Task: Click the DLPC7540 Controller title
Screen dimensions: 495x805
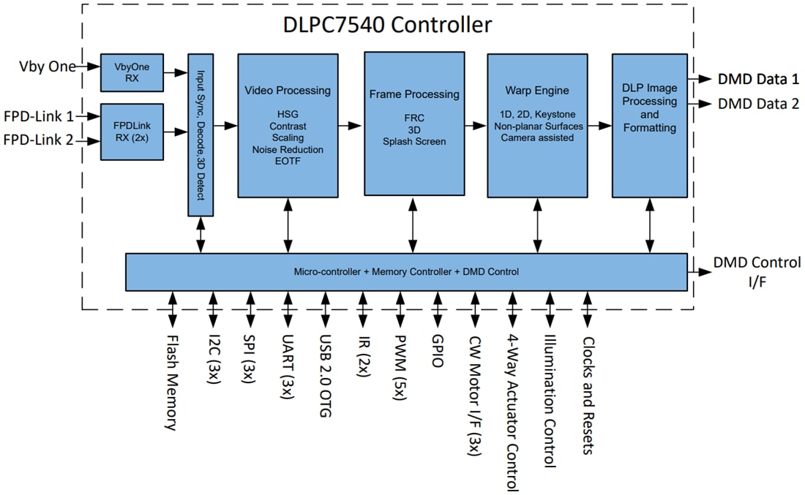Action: coord(387,25)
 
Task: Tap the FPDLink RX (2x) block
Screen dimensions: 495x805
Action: coord(132,132)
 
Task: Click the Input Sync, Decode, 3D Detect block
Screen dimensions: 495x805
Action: coord(201,135)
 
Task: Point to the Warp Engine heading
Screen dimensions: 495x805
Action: coord(536,91)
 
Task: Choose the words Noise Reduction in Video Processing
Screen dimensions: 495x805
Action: coord(287,149)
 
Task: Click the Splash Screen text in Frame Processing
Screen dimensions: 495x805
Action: coord(413,140)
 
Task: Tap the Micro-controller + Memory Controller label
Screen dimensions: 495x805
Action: coord(406,272)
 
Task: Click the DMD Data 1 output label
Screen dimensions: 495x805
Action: coord(758,80)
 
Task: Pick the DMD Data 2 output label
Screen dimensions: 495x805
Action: coord(758,104)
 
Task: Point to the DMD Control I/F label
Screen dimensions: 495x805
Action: coord(757,271)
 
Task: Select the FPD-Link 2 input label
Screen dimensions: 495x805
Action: coord(39,140)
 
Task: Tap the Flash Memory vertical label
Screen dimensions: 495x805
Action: coord(171,382)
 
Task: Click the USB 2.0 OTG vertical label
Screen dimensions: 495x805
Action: coord(323,377)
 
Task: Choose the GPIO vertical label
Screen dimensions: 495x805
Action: coord(438,350)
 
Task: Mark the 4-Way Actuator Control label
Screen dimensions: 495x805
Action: coord(512,413)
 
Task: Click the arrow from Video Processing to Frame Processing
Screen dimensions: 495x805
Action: coord(350,126)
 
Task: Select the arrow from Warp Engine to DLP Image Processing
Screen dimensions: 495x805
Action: coord(599,126)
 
